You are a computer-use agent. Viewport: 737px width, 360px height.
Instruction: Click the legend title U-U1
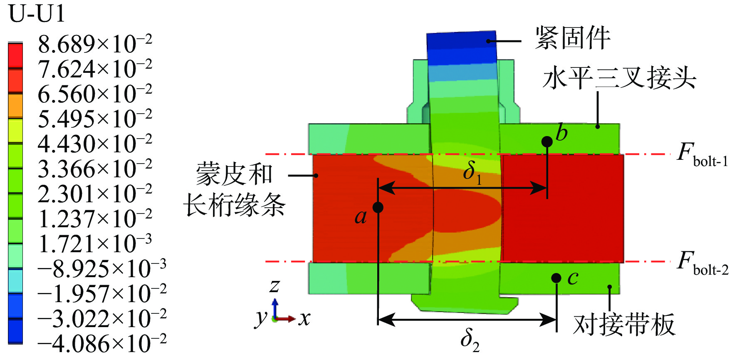[x=37, y=14]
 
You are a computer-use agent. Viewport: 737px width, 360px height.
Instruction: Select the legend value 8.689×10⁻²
[x=95, y=44]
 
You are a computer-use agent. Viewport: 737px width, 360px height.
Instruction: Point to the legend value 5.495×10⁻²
[x=95, y=119]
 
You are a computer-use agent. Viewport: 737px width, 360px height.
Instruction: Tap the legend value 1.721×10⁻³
[x=95, y=243]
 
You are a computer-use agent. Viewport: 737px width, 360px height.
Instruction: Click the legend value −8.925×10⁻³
[x=102, y=268]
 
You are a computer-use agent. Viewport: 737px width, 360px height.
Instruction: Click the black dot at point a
[x=378, y=207]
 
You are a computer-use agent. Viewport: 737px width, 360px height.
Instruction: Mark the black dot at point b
[x=547, y=142]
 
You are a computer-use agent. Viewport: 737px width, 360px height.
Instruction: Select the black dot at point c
[x=556, y=278]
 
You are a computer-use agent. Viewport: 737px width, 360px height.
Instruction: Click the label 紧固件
[x=572, y=38]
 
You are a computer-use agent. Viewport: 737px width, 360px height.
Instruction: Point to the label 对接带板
[x=624, y=324]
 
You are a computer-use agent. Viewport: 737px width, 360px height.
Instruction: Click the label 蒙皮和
[x=234, y=174]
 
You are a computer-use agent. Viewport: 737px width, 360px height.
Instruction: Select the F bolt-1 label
[x=702, y=155]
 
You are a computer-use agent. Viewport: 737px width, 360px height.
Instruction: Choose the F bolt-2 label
[x=702, y=263]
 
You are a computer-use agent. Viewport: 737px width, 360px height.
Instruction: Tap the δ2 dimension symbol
[x=470, y=340]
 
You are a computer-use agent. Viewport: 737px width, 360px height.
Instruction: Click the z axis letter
[x=275, y=286]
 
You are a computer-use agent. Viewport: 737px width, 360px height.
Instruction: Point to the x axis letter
[x=304, y=319]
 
